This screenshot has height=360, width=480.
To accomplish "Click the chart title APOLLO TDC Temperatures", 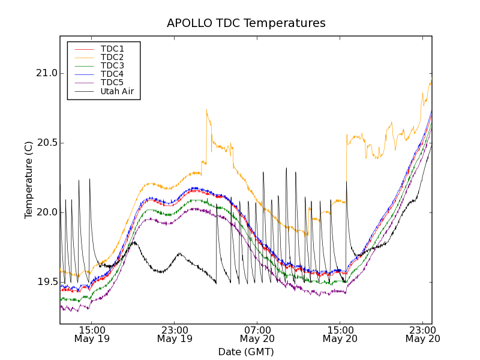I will (246, 23).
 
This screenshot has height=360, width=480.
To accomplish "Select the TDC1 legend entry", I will (112, 49).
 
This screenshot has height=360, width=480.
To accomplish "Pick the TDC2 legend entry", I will (112, 57).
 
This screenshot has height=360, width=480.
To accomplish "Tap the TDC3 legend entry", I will (112, 65).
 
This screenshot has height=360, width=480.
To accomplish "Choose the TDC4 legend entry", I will (112, 74).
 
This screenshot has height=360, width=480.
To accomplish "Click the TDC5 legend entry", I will (112, 82).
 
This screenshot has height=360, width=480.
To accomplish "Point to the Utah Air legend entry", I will (117, 92).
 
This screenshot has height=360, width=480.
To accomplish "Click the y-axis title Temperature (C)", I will (29, 180).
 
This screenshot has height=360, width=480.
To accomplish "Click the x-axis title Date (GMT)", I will (246, 352).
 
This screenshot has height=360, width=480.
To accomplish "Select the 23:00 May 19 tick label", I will (175, 334).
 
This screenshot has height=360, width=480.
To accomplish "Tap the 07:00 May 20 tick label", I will (257, 334).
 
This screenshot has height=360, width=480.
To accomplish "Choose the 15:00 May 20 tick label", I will (340, 334).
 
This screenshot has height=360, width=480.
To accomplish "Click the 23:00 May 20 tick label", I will (423, 334).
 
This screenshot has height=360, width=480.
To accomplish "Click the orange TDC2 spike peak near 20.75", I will (206, 110).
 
